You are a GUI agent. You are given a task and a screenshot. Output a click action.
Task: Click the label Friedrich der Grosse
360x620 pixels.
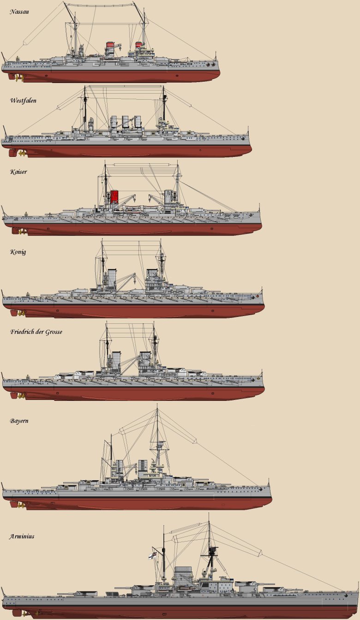36,332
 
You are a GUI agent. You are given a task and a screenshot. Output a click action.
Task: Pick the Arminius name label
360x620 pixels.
21,537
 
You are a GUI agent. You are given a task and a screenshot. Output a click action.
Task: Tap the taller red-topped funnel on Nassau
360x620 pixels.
110,48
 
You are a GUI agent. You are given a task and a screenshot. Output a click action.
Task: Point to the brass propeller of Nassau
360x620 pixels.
20,78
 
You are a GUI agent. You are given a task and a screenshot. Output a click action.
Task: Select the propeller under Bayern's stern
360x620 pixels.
21,505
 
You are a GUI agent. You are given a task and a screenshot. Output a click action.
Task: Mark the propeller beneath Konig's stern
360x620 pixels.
21,313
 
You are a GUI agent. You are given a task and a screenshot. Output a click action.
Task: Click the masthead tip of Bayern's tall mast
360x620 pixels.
157,405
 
